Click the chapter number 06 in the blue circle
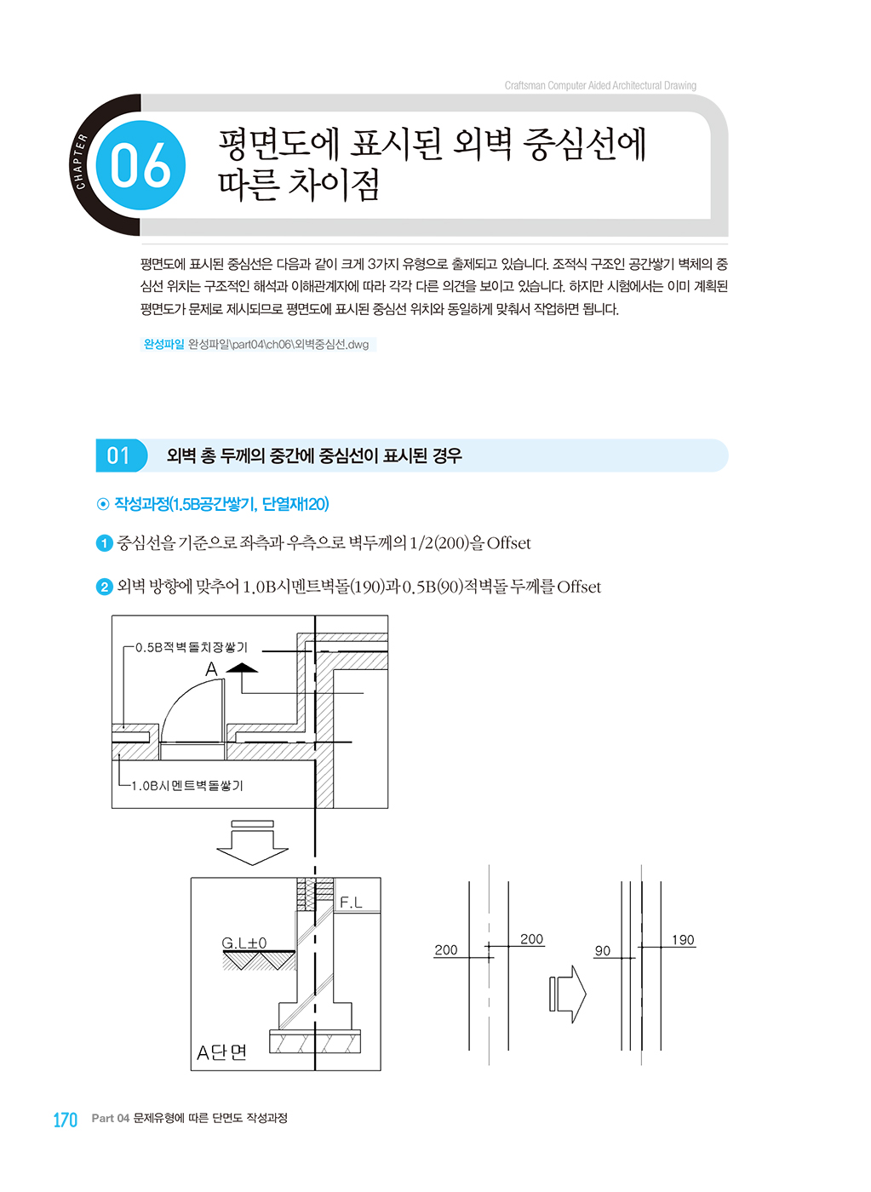pos(140,165)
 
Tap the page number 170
pos(66,1120)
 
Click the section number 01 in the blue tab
pos(118,456)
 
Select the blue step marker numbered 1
pos(104,543)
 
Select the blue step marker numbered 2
pos(104,587)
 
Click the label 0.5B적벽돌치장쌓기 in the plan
pos(192,647)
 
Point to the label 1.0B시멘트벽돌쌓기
pos(186,785)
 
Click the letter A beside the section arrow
pos(212,669)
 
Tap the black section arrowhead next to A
pos(242,668)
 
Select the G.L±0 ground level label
pos(244,943)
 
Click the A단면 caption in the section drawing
pos(221,1052)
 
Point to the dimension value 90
pos(602,950)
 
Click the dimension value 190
pos(683,940)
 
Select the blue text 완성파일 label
pos(163,344)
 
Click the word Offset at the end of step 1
pos(508,543)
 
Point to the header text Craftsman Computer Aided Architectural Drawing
pos(600,86)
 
